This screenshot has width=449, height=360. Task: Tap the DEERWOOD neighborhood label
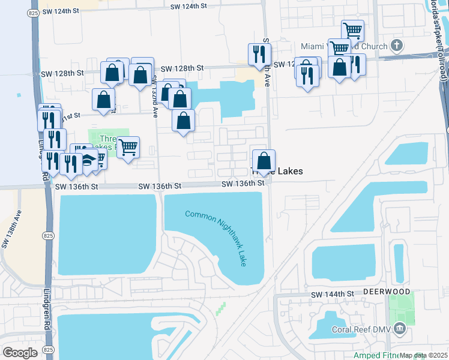(x=387, y=291)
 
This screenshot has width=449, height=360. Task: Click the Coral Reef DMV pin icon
(x=400, y=329)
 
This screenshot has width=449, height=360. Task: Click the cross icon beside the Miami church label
(x=396, y=46)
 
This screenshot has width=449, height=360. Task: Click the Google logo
(x=20, y=353)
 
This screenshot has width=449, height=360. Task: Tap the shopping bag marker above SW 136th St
(x=264, y=161)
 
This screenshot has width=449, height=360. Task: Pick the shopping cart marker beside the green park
(x=127, y=146)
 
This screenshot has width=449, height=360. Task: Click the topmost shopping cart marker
(x=352, y=31)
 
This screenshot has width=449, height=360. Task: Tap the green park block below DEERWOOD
(x=401, y=308)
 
